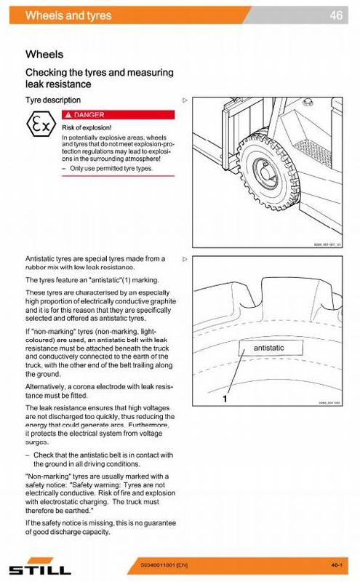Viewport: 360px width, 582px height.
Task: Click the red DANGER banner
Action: [x=119, y=114]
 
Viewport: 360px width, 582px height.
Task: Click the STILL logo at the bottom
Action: [x=37, y=567]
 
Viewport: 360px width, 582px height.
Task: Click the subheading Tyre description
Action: [x=53, y=100]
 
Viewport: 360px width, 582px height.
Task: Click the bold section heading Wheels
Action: [x=44, y=54]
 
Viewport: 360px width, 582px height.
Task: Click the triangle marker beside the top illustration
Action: [x=185, y=100]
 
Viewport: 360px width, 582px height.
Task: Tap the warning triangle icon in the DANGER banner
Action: [x=68, y=114]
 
